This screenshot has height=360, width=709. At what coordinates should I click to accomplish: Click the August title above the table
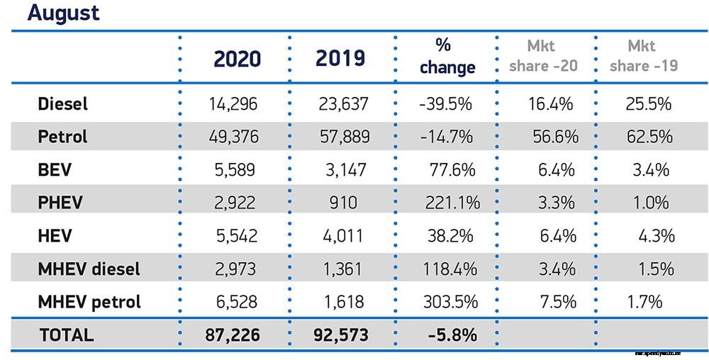63,13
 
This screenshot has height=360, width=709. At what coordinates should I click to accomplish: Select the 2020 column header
238,59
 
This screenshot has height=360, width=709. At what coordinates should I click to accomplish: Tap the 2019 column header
340,58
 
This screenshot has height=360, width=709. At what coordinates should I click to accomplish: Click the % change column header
447,57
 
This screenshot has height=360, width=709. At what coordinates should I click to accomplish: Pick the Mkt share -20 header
552,57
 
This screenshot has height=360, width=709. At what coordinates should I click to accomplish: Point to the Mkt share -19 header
643,57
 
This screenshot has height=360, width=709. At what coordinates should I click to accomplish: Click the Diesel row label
63,103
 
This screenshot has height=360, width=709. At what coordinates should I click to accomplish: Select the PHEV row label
60,202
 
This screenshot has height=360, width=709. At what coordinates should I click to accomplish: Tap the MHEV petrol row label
89,301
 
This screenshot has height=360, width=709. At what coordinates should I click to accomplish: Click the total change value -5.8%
452,334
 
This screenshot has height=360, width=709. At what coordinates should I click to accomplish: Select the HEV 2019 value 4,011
343,235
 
